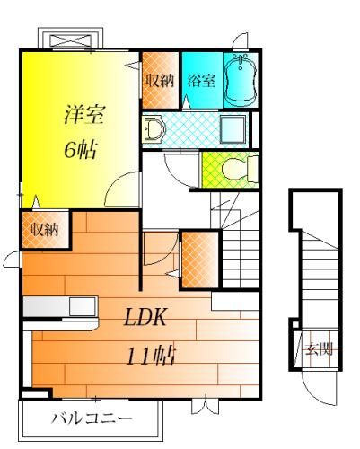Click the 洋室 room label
coord(83,114)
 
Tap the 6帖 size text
coord(81,150)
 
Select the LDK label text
coord(145,317)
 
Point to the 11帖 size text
coord(150,356)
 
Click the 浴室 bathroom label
coord(201,80)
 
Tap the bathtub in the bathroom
coord(241,80)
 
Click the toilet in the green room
coord(240,170)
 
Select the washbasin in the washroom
coord(154,129)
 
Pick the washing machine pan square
coord(233,129)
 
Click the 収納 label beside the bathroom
coord(160,80)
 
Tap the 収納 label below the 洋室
coord(45,230)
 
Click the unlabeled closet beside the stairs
coord(200,260)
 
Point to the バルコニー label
coord(92,418)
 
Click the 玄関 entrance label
coord(319,348)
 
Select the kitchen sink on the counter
coord(83,306)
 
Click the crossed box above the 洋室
coord(71,40)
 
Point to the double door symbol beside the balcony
coord(206,406)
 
